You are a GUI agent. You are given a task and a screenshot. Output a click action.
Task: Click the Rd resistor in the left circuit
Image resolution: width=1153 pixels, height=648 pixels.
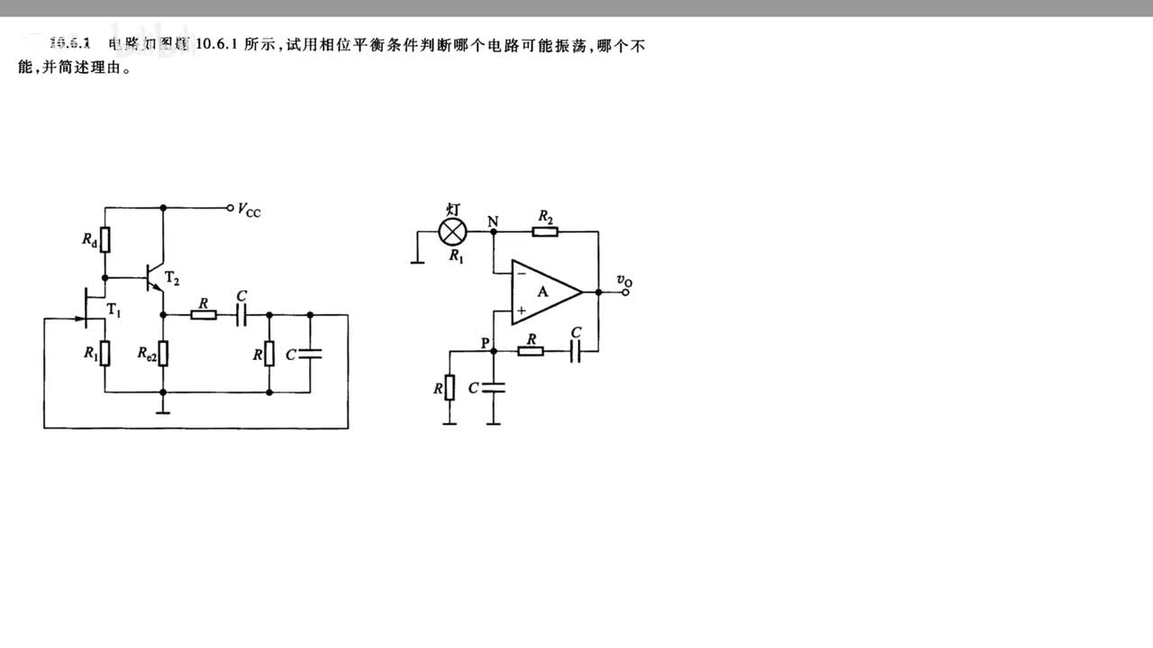tap(104, 240)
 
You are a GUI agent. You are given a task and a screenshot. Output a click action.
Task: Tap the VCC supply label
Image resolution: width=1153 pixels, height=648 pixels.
tap(250, 210)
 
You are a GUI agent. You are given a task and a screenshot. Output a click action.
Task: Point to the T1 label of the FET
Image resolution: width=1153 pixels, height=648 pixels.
tap(113, 310)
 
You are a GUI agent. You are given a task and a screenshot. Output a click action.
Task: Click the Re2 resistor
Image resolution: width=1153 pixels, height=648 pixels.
tap(163, 354)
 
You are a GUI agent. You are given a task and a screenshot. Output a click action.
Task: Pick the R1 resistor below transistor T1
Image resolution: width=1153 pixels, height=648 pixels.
tap(104, 353)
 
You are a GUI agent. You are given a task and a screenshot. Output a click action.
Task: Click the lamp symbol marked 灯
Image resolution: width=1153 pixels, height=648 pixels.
tap(452, 231)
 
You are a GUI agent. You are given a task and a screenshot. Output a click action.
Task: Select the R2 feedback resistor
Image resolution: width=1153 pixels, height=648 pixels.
tap(545, 231)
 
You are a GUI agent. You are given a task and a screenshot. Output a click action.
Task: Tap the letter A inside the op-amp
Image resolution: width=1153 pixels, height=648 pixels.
tap(542, 291)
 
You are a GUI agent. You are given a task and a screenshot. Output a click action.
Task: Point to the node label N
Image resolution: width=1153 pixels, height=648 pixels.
tap(492, 220)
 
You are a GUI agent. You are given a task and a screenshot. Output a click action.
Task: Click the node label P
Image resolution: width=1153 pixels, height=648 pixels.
tap(486, 343)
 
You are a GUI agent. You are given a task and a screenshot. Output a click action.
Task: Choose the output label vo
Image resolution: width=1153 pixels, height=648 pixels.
tap(624, 282)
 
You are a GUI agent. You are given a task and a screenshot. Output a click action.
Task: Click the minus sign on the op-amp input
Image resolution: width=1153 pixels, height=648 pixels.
tap(522, 272)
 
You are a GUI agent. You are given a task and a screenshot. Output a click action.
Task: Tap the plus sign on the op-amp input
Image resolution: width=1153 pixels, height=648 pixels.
tap(522, 310)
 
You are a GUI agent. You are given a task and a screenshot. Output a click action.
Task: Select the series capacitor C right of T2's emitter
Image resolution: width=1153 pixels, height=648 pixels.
tap(241, 315)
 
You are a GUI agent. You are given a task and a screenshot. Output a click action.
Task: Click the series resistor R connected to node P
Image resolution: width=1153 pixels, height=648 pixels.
tap(531, 351)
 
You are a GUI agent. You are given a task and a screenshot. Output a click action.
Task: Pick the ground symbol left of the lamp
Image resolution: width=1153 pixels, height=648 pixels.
tap(416, 262)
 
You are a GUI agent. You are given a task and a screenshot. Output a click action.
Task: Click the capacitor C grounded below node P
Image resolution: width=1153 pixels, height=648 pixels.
tap(494, 388)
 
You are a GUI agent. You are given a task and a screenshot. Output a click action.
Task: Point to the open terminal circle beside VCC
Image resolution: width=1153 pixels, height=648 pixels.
tap(231, 207)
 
